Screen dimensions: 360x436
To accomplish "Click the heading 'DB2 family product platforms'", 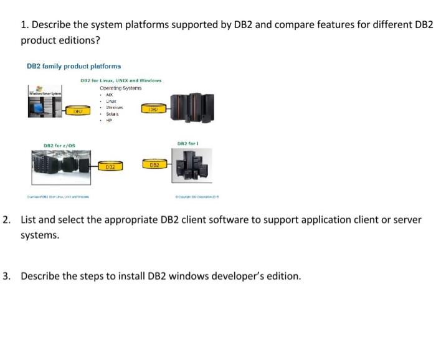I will (73, 65).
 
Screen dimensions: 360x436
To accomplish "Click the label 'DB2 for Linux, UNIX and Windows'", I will (121, 80).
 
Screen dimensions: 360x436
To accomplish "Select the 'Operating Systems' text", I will (121, 88).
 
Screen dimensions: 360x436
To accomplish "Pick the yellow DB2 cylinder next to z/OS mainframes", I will (110, 166).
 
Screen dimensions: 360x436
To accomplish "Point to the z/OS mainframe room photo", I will (60, 165).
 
